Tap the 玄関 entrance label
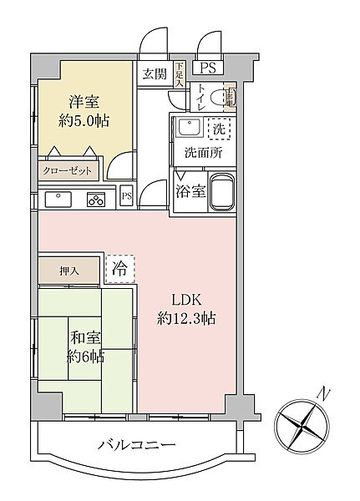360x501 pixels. point(153,73)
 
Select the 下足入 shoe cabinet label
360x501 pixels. point(180,73)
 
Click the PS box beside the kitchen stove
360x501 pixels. point(127,198)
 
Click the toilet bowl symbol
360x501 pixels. point(224,99)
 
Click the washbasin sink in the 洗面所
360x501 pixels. point(186,129)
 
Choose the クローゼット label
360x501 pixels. point(69,170)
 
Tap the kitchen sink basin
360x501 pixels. point(60,199)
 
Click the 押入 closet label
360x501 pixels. point(68,271)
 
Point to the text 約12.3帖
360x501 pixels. point(185,317)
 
